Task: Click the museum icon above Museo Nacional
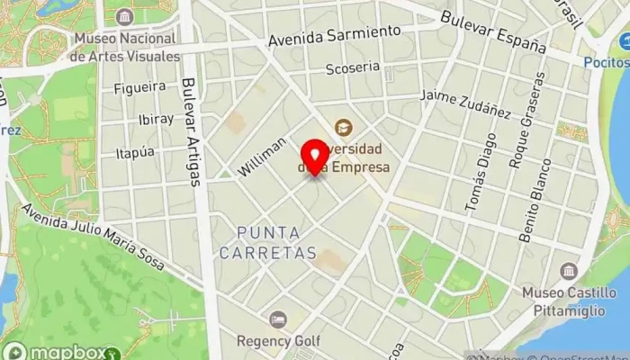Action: point(123,17)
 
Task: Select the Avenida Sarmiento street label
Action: point(334,37)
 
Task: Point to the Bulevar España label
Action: point(493,31)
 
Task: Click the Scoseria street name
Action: point(352,68)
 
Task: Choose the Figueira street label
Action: point(139,87)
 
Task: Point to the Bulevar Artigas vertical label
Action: point(190,131)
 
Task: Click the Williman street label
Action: point(263,157)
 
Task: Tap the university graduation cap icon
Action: point(342,127)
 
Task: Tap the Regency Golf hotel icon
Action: point(278,319)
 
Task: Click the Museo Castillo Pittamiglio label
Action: point(568,301)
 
